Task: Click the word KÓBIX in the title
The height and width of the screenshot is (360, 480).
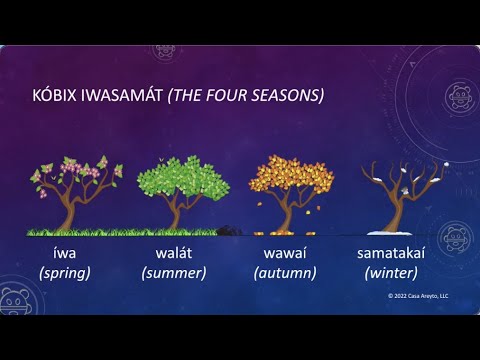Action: [x=57, y=96]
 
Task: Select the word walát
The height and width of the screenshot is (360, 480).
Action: [x=173, y=254]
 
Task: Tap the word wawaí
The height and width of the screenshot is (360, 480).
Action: [x=285, y=254]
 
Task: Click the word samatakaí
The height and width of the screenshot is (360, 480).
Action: [x=392, y=254]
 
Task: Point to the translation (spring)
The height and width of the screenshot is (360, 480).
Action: [x=65, y=272]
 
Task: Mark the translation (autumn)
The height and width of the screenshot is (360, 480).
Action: [x=285, y=272]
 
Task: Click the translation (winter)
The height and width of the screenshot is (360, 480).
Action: [x=392, y=272]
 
